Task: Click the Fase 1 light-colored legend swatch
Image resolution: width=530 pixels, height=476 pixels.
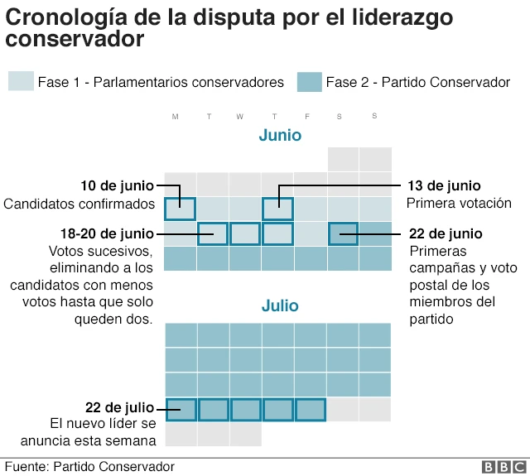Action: [21, 82]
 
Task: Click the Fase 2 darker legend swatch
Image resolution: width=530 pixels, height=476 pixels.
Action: [309, 82]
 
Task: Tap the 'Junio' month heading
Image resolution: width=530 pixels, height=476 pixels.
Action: [280, 135]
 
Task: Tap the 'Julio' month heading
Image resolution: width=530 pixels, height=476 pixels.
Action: [280, 305]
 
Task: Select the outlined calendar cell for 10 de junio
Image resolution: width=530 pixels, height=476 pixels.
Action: [181, 209]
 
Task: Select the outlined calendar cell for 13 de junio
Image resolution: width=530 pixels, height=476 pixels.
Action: [277, 209]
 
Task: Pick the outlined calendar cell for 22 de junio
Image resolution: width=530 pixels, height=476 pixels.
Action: [343, 234]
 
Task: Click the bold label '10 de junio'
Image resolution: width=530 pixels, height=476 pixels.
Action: [117, 185]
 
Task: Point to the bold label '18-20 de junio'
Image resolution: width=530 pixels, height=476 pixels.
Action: [106, 233]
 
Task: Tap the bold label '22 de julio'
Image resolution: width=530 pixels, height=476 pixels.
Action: [119, 407]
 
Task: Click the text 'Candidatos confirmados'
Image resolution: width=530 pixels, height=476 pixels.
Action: [79, 204]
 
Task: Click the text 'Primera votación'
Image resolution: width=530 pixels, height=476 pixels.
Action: [458, 203]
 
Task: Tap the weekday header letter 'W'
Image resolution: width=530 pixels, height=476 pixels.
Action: [239, 117]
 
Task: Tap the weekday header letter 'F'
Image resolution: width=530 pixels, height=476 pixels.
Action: [307, 117]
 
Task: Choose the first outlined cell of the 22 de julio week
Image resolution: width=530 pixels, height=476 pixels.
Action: [181, 410]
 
